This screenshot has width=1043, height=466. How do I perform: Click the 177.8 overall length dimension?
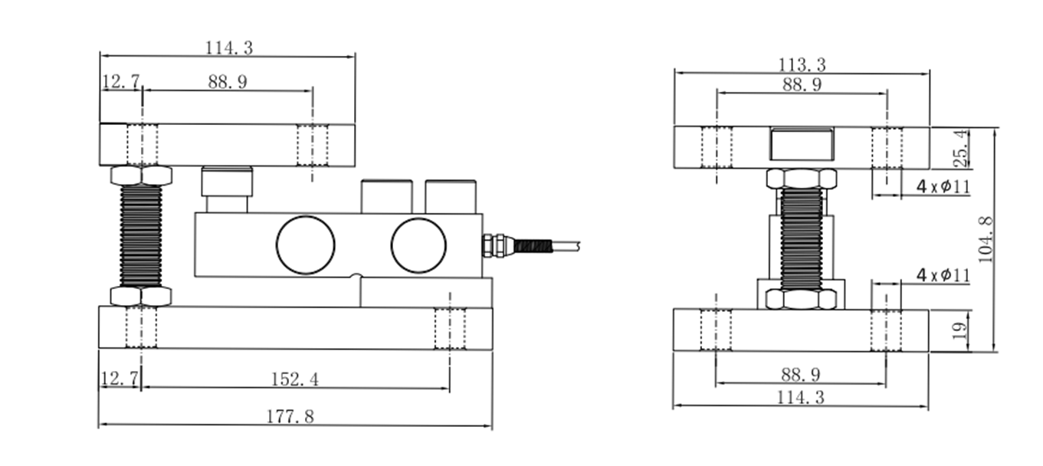(x=290, y=416)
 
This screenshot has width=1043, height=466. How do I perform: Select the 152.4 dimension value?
(x=295, y=379)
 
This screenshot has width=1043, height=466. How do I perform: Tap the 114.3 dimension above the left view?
(x=228, y=48)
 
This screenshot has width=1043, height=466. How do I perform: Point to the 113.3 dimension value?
(x=802, y=65)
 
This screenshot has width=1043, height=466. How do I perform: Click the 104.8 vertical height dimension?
(x=986, y=239)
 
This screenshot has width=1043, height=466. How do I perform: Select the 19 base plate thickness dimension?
(x=959, y=331)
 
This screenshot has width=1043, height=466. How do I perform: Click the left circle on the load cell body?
(x=305, y=245)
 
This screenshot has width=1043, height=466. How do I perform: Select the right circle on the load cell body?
(x=418, y=245)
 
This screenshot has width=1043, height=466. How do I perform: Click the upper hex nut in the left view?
(x=141, y=176)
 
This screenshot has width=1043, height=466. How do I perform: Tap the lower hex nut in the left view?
(x=141, y=296)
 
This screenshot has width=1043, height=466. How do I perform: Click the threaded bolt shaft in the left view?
(x=141, y=235)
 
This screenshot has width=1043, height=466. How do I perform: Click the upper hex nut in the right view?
(x=802, y=179)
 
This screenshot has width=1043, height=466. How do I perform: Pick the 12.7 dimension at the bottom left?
(x=120, y=377)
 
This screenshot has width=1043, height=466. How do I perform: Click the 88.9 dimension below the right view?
(x=802, y=374)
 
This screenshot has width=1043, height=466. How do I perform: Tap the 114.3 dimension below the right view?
(x=802, y=397)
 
